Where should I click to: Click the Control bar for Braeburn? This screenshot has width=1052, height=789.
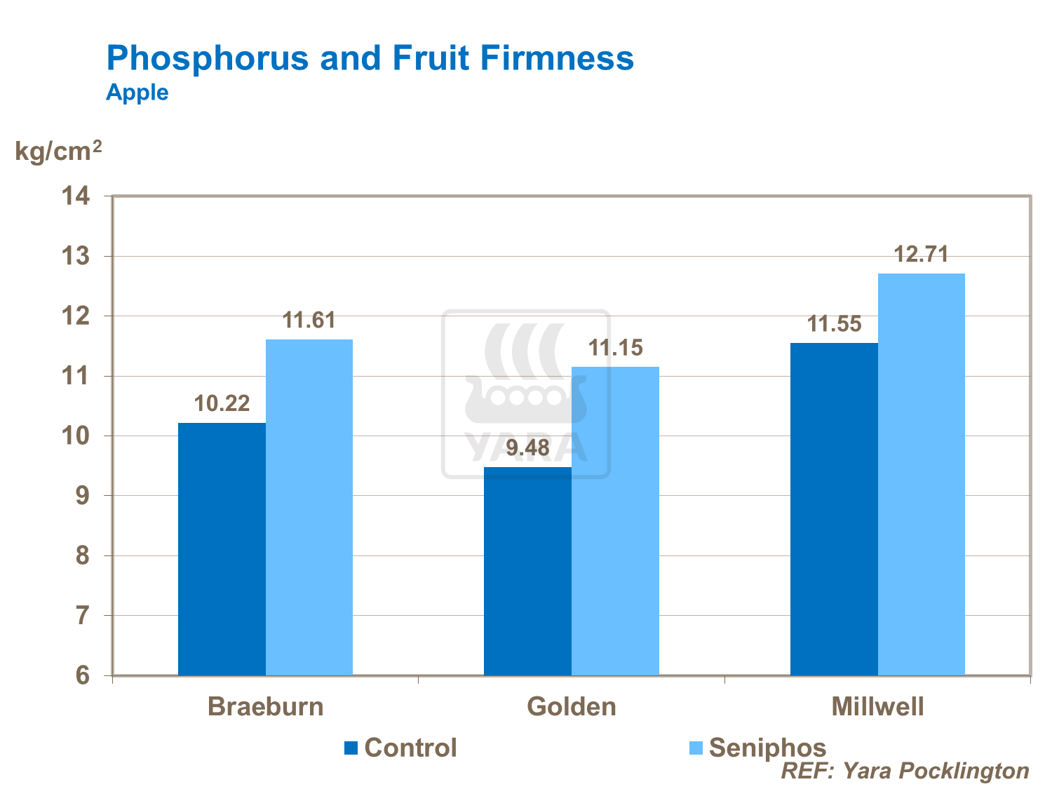(222, 548)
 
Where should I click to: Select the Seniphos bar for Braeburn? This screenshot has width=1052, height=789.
(309, 507)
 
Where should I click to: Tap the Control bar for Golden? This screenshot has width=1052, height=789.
(527, 571)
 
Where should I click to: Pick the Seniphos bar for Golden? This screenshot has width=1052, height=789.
(615, 520)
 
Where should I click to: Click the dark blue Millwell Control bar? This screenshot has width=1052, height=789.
(834, 508)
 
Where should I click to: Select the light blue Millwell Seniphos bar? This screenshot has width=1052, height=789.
(921, 474)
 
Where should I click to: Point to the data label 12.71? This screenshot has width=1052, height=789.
(921, 254)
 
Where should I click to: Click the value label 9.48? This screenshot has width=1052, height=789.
(527, 447)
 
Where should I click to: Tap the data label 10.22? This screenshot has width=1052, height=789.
(222, 403)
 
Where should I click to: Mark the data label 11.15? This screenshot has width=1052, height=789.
(615, 348)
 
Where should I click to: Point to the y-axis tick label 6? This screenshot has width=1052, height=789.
(83, 675)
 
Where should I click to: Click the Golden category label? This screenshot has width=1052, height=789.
(571, 706)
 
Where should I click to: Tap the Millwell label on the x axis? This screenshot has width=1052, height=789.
(877, 706)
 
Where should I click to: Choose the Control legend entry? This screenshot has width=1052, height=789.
(400, 748)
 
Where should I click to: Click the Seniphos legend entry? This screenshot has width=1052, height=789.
(757, 748)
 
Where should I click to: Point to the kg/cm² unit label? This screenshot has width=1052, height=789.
(58, 151)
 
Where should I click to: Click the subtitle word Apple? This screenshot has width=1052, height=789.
(137, 93)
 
